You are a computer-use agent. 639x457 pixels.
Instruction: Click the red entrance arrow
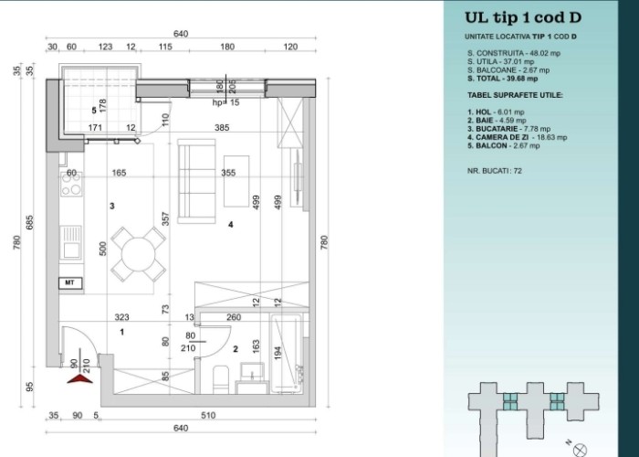[x=80, y=379]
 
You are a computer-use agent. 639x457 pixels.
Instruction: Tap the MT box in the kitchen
[x=70, y=282]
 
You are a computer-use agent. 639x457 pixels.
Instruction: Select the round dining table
[x=139, y=254]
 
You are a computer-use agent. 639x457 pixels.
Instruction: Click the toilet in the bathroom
[x=221, y=379]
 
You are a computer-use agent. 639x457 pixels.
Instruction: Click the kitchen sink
[x=71, y=243]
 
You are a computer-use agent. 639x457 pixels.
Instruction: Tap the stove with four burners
[x=71, y=184]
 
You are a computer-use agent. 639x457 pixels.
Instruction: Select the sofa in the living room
[x=196, y=182]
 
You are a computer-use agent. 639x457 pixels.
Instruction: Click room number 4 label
[x=231, y=225]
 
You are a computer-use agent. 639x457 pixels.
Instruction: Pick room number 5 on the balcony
[x=94, y=111]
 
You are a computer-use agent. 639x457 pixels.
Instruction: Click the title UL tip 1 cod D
[x=523, y=17]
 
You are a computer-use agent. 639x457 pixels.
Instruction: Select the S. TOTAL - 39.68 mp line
[x=502, y=79]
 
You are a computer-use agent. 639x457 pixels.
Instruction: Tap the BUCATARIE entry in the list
[x=509, y=129]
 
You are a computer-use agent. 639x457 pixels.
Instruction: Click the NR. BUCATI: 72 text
[x=495, y=171]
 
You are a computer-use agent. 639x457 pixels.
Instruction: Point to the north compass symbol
[x=579, y=450]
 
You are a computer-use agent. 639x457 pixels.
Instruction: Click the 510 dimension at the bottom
[x=208, y=415]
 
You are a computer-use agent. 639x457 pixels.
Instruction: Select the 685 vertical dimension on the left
[x=30, y=222]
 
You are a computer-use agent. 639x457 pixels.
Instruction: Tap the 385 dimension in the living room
[x=222, y=128]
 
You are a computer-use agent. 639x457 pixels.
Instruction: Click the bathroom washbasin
[x=252, y=372]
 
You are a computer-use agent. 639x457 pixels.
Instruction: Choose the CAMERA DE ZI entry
[x=518, y=137]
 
